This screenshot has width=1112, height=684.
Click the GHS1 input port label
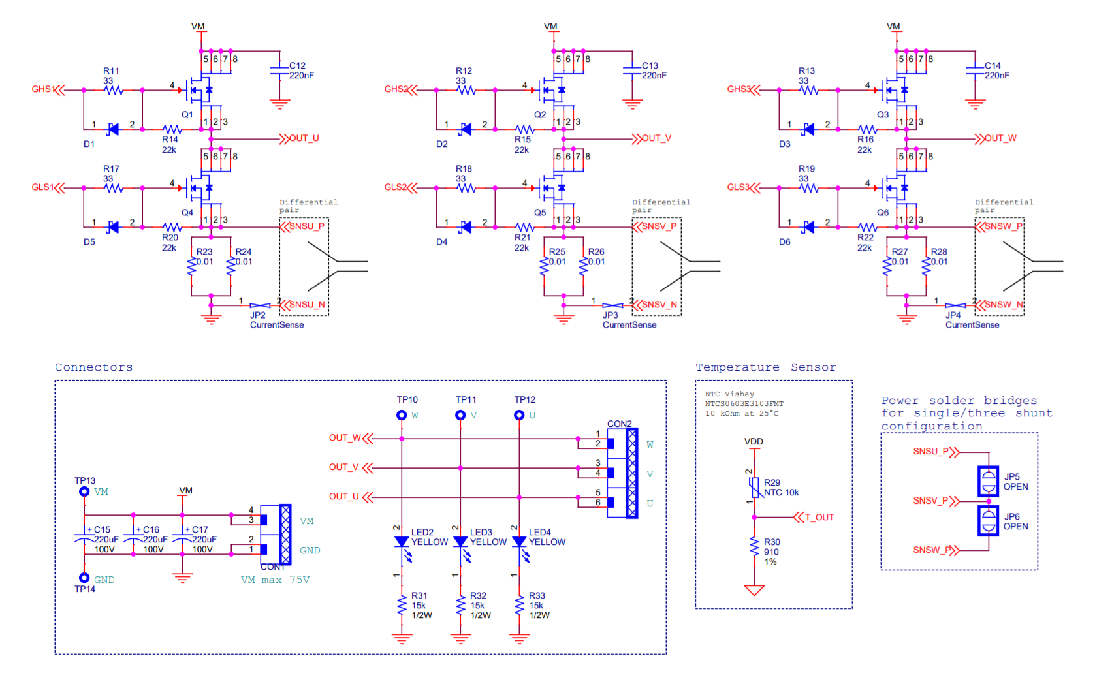[42, 89]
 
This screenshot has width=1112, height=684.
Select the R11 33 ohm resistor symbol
[114, 90]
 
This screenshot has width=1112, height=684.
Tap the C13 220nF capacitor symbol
[631, 70]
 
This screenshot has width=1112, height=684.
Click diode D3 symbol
[809, 129]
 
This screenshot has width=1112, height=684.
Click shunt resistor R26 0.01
[583, 266]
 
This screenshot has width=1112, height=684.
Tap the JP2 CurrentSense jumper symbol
[260, 305]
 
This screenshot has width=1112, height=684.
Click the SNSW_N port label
[1003, 305]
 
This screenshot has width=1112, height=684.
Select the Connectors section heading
[93, 367]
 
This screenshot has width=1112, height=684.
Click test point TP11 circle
[460, 415]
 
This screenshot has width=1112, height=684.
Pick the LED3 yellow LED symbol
[460, 542]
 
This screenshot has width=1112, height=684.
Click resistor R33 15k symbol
[519, 605]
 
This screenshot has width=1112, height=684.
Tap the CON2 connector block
[623, 473]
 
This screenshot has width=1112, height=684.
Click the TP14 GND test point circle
[84, 578]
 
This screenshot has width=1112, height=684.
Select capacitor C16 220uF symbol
[133, 540]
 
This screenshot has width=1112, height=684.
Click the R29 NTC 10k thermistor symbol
[755, 487]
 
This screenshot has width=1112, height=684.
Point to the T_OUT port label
[818, 518]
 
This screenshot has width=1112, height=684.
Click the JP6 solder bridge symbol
[988, 521]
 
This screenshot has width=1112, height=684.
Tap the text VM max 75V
[275, 580]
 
